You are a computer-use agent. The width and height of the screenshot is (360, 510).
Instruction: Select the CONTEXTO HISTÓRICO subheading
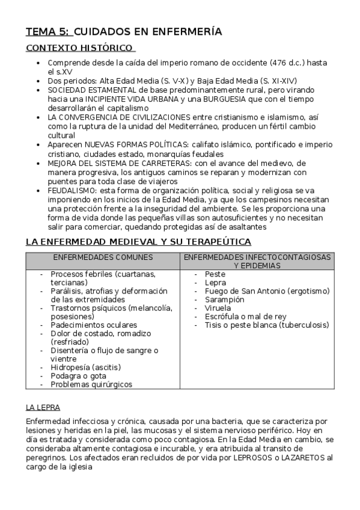click(x=79, y=48)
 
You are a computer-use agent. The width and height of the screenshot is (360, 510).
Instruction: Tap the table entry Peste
click(x=215, y=274)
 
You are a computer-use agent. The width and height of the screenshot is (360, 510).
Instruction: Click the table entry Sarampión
click(x=225, y=300)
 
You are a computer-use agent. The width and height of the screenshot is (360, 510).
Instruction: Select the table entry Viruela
click(x=218, y=308)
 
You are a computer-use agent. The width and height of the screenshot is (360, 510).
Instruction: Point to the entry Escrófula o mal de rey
click(x=245, y=316)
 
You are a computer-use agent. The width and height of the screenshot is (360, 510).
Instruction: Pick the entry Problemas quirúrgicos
click(x=91, y=384)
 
